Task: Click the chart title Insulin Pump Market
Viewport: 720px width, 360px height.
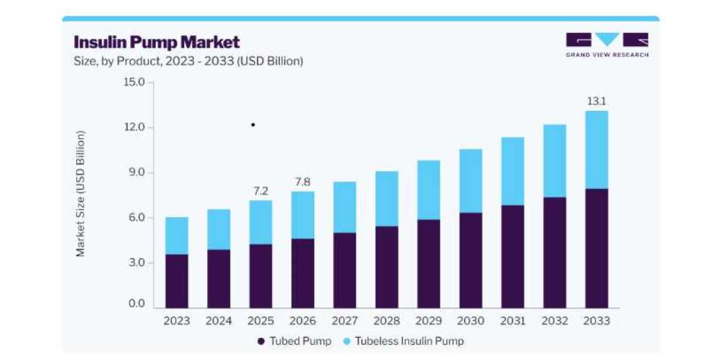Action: (x=157, y=43)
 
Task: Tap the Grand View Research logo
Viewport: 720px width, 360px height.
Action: (x=607, y=45)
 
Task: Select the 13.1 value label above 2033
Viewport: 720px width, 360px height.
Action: (x=596, y=101)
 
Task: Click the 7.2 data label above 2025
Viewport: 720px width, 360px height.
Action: (x=260, y=191)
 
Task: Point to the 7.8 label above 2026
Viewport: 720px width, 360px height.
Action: (x=303, y=182)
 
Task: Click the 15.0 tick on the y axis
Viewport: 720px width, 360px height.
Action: (x=134, y=82)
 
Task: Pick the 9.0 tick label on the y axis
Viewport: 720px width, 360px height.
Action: (x=137, y=172)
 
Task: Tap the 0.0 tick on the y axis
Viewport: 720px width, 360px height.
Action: (x=137, y=304)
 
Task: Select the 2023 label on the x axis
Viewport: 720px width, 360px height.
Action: (x=177, y=321)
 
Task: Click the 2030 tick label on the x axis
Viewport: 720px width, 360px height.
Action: (x=470, y=321)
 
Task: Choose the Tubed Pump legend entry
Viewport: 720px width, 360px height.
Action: (x=295, y=341)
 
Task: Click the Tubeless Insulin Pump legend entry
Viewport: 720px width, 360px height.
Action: (x=404, y=341)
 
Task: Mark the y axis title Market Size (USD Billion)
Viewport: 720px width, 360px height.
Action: (x=80, y=193)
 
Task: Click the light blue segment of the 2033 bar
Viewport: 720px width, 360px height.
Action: (x=596, y=150)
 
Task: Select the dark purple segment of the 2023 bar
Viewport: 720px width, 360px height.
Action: (x=177, y=281)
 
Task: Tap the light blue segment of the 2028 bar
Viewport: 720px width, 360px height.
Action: (x=386, y=199)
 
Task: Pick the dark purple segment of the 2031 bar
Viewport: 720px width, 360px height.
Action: (x=512, y=257)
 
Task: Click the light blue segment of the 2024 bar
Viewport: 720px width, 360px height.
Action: (x=219, y=229)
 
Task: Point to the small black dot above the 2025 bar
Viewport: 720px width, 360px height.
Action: (x=253, y=125)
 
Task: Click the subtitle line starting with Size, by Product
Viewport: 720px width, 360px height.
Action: (x=188, y=61)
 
